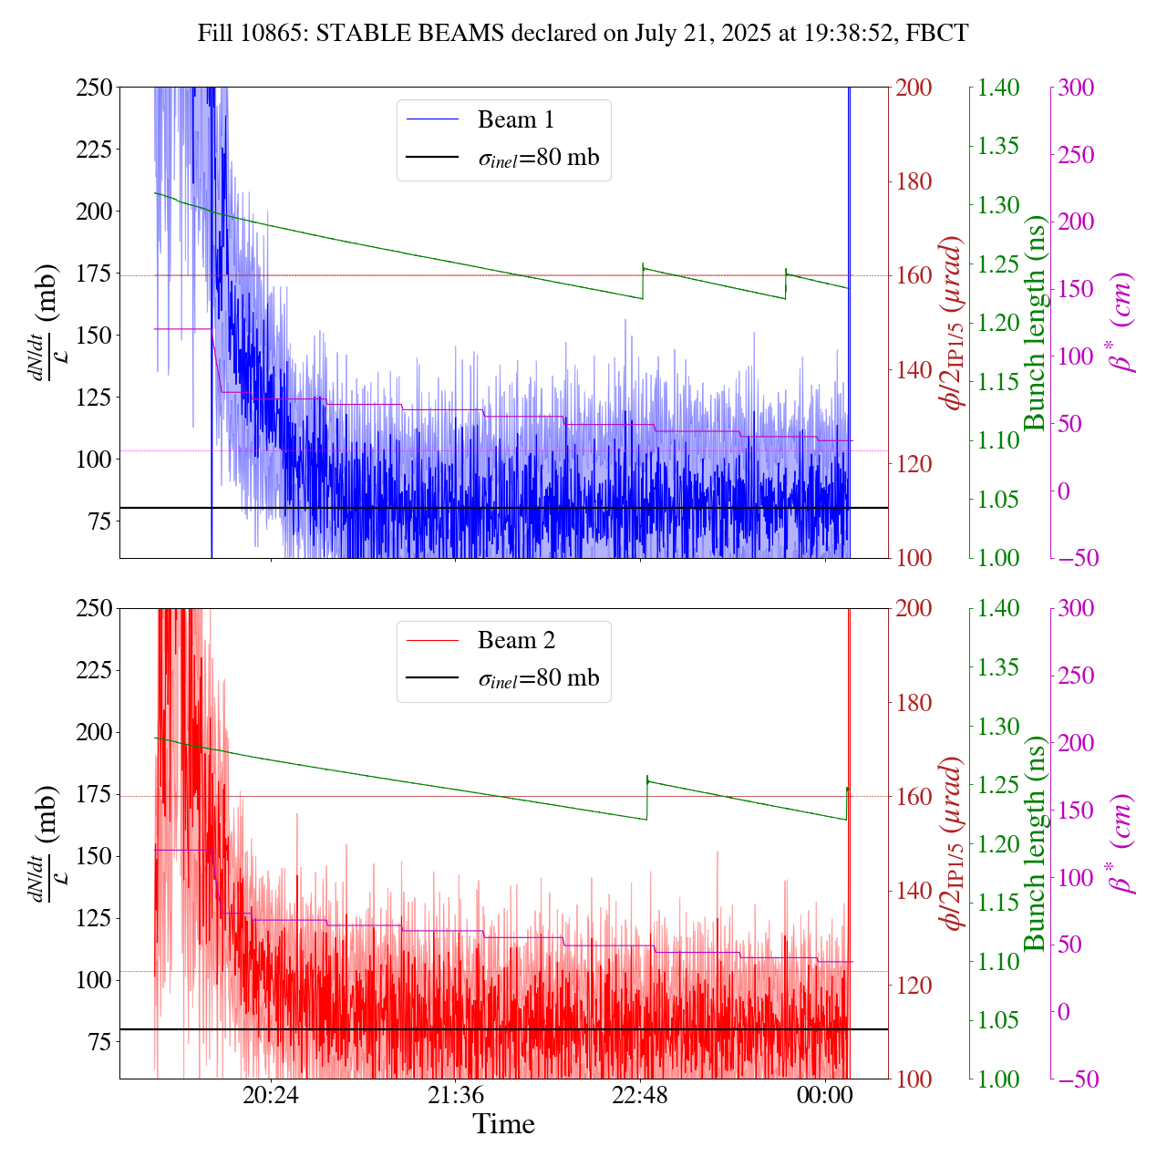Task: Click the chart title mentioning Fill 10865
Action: point(583,34)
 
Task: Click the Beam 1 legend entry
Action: point(515,119)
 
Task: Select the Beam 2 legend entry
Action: point(515,641)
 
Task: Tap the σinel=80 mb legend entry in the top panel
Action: point(538,158)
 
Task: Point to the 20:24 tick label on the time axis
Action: point(271,1094)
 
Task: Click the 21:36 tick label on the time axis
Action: point(456,1094)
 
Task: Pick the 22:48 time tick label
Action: point(640,1094)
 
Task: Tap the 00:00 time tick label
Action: point(824,1094)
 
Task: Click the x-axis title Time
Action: point(503,1124)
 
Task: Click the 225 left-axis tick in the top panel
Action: point(91,150)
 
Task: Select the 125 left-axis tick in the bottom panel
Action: point(91,918)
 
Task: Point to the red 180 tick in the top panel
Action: point(914,181)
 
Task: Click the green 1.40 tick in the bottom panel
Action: point(998,608)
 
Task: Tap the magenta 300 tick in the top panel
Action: point(1076,88)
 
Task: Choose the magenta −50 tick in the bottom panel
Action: point(1076,1079)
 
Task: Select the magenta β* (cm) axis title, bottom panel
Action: point(1121,843)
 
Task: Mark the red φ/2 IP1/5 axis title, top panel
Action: point(954,323)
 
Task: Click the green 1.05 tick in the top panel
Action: point(998,499)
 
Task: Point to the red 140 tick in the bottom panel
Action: point(914,891)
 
